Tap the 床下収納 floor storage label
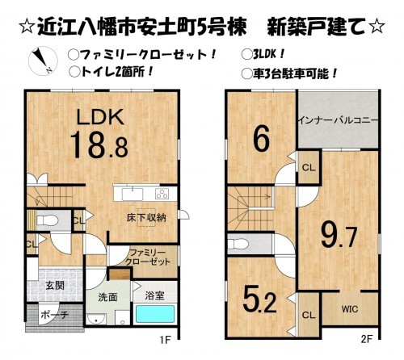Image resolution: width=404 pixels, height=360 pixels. point(145,217)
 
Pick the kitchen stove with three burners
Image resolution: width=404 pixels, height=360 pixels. point(160,193)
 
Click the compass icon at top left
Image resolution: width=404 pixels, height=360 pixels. point(40,61)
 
